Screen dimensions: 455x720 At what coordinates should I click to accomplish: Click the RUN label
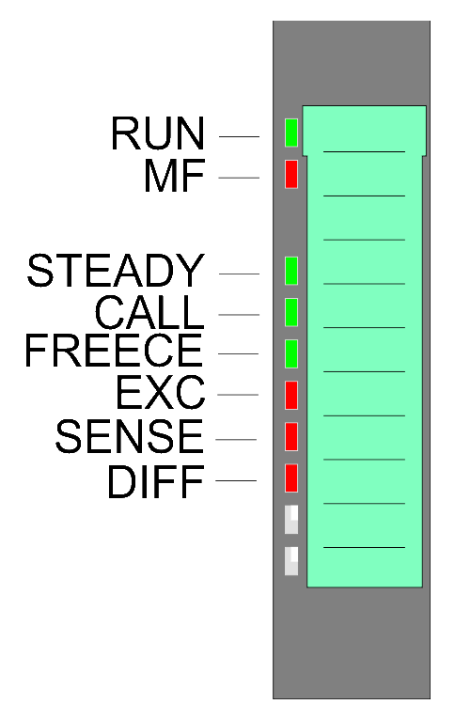158,133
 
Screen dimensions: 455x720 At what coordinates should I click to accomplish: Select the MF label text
174,176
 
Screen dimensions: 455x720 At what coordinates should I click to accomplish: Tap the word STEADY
116,271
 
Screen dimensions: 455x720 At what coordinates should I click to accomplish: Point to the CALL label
149,312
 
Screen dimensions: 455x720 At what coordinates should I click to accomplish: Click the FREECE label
114,351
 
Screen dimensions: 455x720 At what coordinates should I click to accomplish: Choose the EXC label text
160,392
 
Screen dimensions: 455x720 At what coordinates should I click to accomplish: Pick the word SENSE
129,436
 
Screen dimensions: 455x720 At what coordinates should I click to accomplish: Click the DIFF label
156,480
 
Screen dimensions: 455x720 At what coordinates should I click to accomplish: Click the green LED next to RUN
291,133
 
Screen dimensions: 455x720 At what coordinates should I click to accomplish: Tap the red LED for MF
291,174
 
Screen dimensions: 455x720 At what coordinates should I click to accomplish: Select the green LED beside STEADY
291,271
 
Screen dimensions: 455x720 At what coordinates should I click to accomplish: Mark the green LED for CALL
291,312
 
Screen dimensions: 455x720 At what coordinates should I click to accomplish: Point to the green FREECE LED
291,353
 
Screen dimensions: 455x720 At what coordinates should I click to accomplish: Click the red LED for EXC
291,395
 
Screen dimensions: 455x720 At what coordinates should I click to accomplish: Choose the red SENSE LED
291,437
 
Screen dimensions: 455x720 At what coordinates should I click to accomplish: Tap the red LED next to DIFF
291,478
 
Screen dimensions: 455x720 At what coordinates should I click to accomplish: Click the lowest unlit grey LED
291,560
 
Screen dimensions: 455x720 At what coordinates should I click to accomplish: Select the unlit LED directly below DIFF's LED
291,520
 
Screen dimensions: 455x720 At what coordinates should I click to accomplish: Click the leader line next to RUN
239,136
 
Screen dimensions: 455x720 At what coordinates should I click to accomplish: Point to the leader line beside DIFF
236,480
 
